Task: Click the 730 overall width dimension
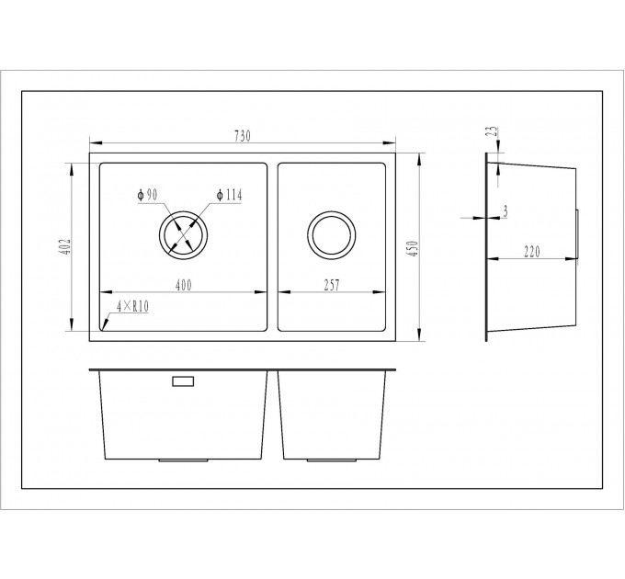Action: (x=243, y=136)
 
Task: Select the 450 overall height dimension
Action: (x=414, y=248)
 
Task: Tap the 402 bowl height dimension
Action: (x=66, y=246)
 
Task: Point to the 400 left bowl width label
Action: (x=183, y=285)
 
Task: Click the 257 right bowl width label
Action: (x=332, y=285)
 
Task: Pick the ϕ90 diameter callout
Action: (x=147, y=195)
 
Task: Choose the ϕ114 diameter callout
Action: (x=229, y=195)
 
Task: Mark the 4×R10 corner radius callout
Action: (x=132, y=306)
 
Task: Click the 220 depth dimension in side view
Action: (x=532, y=252)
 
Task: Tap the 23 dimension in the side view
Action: (x=493, y=131)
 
